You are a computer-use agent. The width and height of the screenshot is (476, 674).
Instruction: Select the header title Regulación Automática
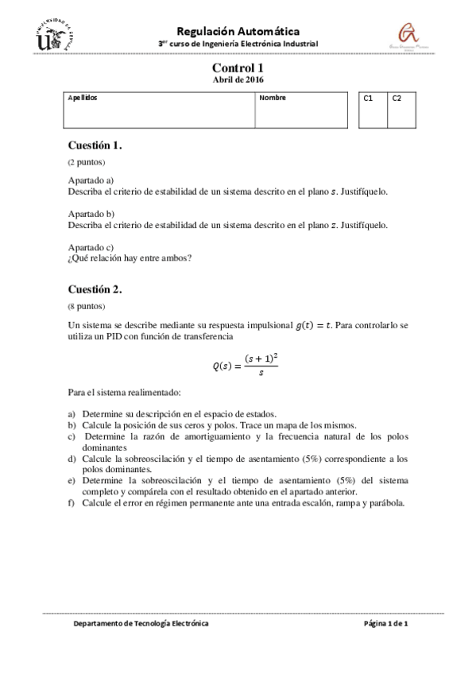(x=238, y=30)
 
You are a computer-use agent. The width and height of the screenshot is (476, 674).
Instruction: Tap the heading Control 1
(x=238, y=69)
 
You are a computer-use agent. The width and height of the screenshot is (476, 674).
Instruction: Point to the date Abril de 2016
(x=238, y=80)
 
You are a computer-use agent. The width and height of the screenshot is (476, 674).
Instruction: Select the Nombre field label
(x=273, y=99)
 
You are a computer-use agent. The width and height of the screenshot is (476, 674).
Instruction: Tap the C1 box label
(x=368, y=99)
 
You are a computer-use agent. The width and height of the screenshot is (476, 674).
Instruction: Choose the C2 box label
(x=397, y=99)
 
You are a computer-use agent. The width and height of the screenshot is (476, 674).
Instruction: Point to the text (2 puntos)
(x=86, y=161)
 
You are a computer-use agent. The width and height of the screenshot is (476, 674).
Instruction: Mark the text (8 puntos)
(x=86, y=305)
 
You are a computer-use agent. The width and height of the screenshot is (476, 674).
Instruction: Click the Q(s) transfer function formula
(x=238, y=365)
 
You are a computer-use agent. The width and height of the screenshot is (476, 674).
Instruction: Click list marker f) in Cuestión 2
(x=72, y=503)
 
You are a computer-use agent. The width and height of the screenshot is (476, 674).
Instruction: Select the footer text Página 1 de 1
(x=385, y=624)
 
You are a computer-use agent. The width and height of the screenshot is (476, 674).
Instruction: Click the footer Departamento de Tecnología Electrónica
(x=141, y=624)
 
